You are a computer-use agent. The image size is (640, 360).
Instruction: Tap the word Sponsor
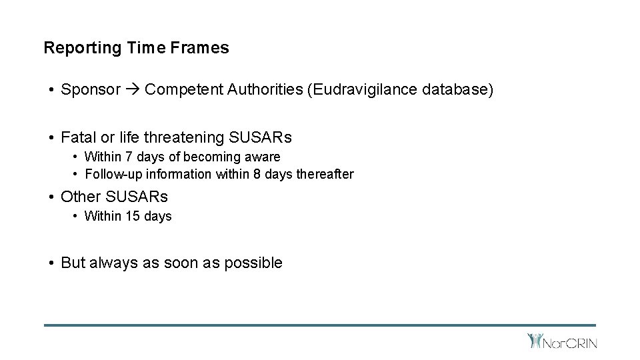click(x=91, y=89)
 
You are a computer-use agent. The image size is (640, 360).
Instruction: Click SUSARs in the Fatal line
click(x=260, y=137)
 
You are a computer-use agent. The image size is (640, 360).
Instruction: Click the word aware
click(x=263, y=157)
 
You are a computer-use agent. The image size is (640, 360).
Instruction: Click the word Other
click(x=79, y=197)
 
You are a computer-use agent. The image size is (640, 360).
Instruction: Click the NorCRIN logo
click(x=561, y=342)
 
